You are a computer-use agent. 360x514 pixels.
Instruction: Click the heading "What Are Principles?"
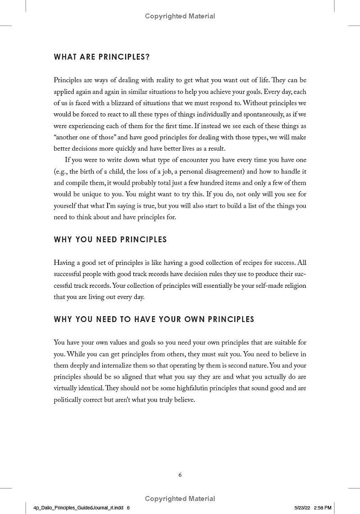coord(102,57)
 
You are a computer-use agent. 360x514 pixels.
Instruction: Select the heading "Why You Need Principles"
coord(110,239)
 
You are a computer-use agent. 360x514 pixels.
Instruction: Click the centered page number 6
coord(180,474)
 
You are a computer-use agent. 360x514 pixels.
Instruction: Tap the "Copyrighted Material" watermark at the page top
coord(180,16)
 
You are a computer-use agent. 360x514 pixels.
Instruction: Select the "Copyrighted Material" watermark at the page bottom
coord(180,498)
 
